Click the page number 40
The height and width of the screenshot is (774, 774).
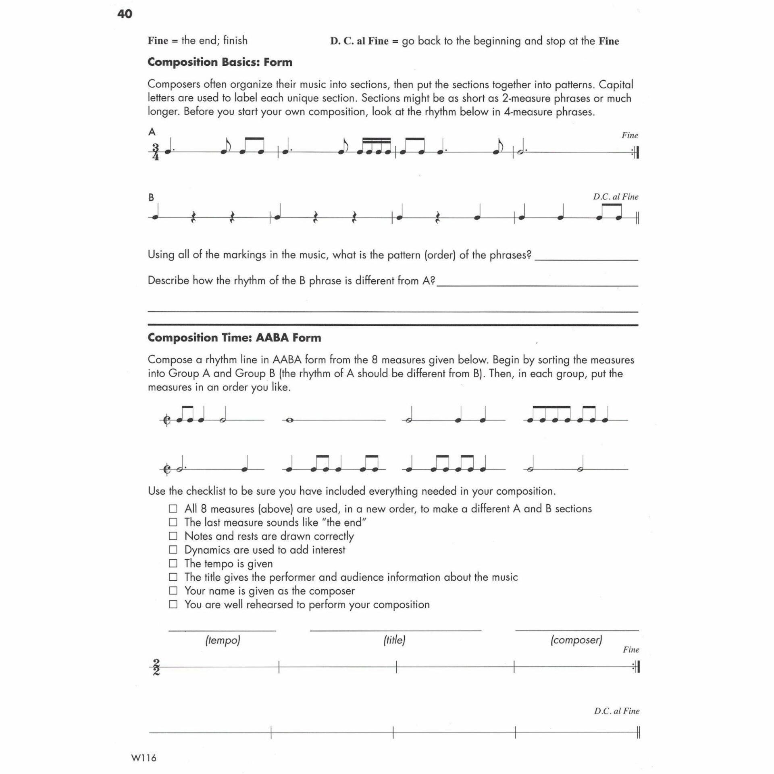125,14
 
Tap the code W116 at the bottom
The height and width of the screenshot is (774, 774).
144,757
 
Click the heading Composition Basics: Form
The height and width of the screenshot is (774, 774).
220,62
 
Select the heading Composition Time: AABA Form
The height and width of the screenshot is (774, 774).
234,337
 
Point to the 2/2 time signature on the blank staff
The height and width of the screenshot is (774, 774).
156,667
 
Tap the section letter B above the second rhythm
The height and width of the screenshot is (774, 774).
151,197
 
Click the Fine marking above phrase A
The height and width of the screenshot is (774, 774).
630,135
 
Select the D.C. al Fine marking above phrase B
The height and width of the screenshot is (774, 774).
616,197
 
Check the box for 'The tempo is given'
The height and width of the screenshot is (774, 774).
173,563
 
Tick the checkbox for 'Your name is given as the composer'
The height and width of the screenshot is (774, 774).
173,591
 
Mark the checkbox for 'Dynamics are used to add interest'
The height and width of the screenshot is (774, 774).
173,549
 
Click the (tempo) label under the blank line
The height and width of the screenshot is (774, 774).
223,640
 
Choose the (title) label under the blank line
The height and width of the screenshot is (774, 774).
394,640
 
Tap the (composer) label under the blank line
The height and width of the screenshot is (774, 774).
576,640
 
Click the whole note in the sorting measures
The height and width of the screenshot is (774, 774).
289,420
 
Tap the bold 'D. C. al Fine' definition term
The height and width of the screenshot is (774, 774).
359,41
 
